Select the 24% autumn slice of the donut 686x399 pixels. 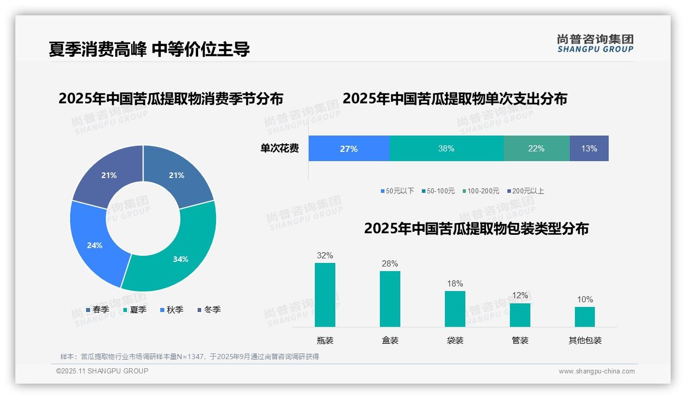(x=95, y=245)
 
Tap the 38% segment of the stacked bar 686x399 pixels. (x=446, y=148)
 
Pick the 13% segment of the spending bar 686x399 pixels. (x=589, y=148)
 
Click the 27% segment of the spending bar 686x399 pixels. (x=349, y=148)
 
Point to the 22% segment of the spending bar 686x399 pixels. (x=536, y=148)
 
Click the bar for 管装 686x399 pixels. (x=520, y=315)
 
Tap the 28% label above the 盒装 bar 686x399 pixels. (x=390, y=264)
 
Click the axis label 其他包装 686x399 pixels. (x=585, y=340)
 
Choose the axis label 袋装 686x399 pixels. (x=455, y=340)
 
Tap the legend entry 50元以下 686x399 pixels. (x=397, y=191)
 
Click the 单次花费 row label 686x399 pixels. (x=280, y=149)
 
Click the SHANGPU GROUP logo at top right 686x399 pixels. (x=595, y=43)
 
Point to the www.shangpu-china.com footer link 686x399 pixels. (x=596, y=371)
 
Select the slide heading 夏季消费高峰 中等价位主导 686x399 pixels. (x=149, y=49)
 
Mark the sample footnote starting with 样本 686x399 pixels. (x=189, y=357)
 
